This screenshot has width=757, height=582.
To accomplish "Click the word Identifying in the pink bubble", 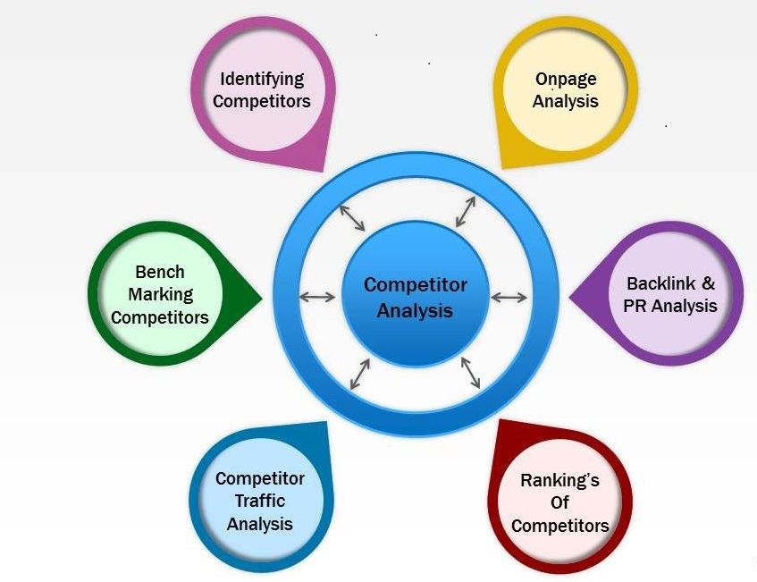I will pos(262,79).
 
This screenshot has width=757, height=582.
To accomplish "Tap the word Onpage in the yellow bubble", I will pos(566,79).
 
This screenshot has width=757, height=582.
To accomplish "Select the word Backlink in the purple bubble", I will pos(659,284).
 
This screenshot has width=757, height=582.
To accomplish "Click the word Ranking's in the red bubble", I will pos(559,480).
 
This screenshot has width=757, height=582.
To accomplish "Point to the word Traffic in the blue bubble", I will pos(259,502).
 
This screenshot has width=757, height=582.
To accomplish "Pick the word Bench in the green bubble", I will pos(160,272).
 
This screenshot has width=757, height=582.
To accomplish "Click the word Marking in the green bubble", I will pos(160,294).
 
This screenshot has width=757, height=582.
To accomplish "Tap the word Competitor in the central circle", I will pos(415,286).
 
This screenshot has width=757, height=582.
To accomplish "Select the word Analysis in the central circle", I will pos(415,311).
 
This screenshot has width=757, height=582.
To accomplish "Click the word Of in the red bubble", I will pos(559,502).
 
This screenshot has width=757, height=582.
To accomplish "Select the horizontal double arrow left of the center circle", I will pos(317,297).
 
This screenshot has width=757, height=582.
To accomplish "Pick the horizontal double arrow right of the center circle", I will pos(509,297).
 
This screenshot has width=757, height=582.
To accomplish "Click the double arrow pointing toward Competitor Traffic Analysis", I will pos(360,373).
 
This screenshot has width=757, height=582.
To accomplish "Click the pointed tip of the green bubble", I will pos(261,295).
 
